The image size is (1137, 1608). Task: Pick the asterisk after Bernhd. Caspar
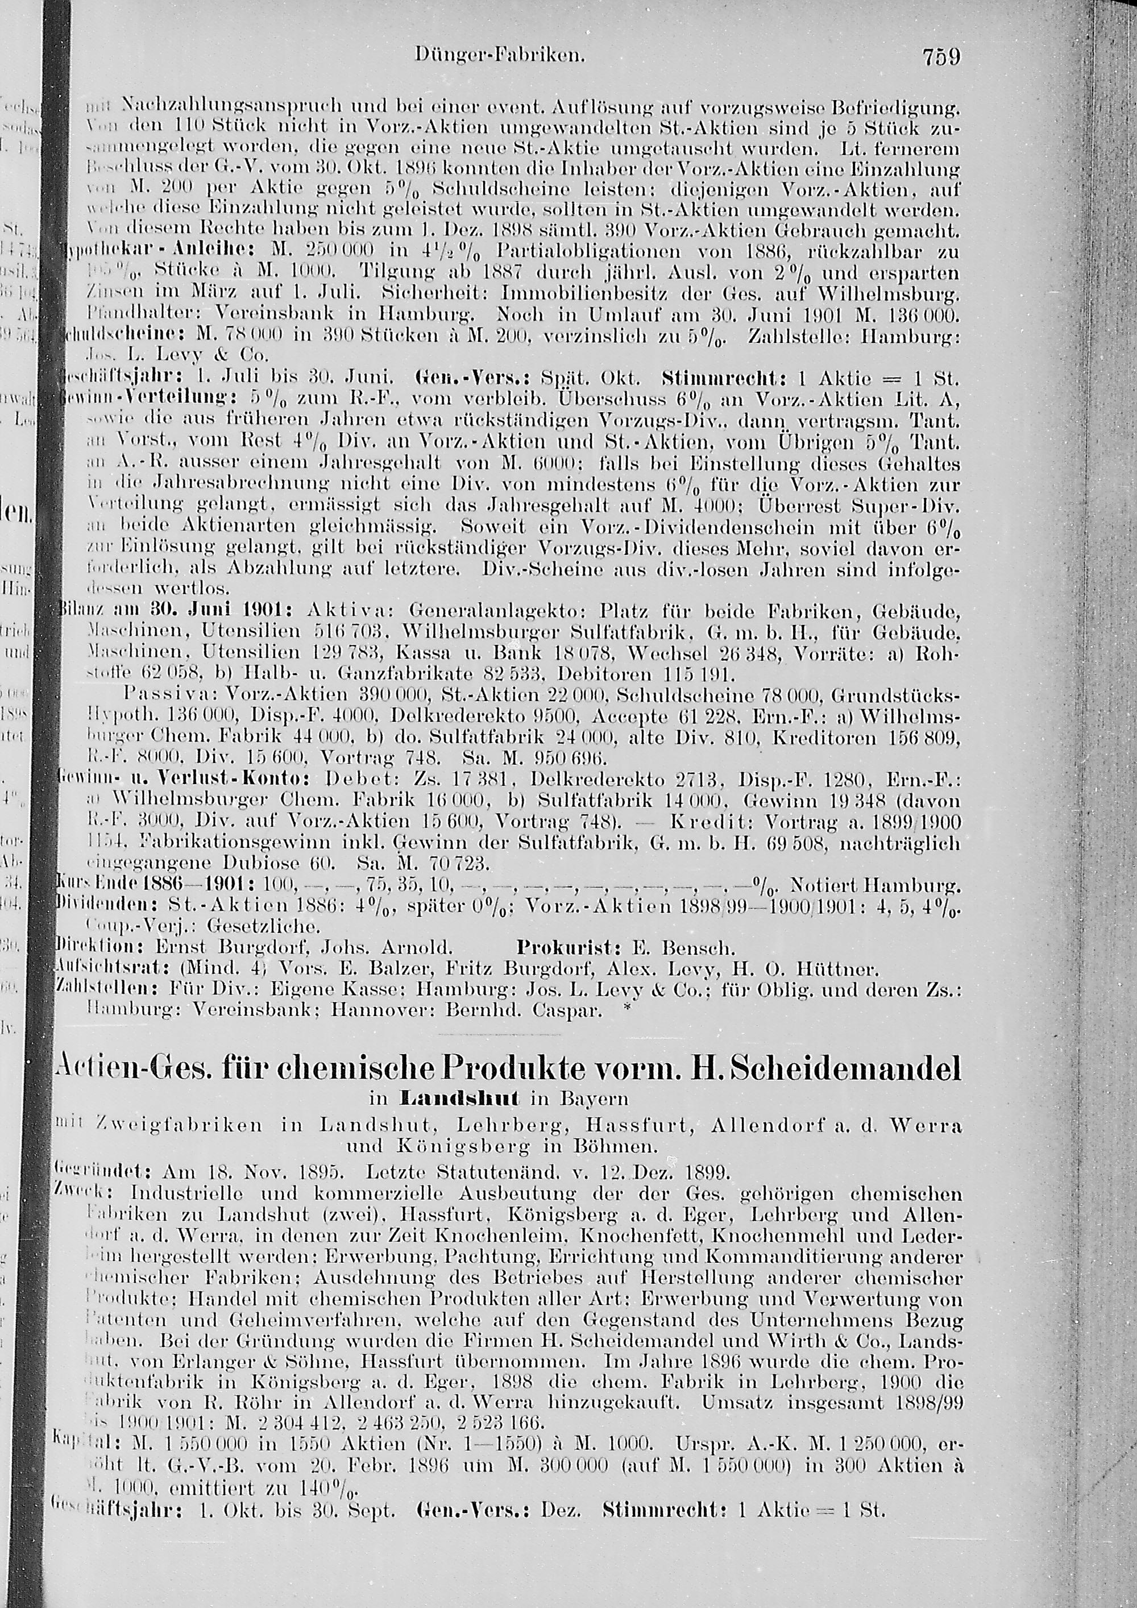pos(626,1007)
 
